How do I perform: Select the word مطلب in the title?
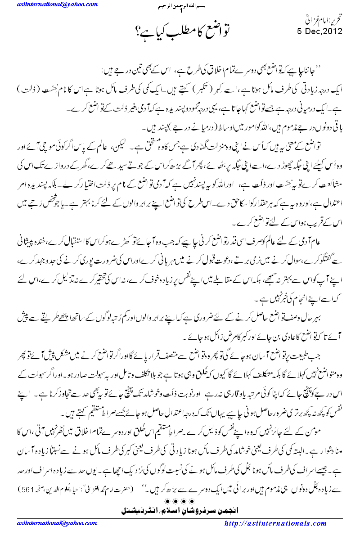[x=194, y=31]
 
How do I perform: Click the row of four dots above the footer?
[x=180, y=500]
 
